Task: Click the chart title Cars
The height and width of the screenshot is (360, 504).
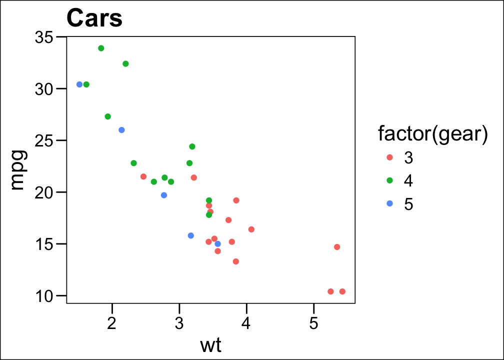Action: tap(94, 18)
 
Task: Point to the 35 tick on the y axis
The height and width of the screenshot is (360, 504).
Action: tap(45, 37)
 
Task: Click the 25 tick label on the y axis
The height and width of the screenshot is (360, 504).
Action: tap(45, 140)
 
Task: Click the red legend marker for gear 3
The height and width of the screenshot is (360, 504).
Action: tap(390, 157)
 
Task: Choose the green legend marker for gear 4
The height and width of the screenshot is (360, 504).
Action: tap(390, 180)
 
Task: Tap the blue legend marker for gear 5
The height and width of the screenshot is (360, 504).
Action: tap(390, 203)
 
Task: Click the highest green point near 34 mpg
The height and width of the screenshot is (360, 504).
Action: tap(101, 48)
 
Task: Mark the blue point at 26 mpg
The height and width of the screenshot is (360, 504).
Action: tap(121, 130)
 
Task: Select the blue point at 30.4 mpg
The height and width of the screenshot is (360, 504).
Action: tap(79, 84)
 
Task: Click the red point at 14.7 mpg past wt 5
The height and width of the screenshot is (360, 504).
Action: tap(337, 247)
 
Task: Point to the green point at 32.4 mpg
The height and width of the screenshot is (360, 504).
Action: tap(125, 63)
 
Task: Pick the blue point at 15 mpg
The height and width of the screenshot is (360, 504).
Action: tap(217, 244)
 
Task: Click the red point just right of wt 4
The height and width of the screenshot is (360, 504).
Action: tap(251, 229)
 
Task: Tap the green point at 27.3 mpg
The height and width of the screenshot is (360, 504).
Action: tap(108, 116)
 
